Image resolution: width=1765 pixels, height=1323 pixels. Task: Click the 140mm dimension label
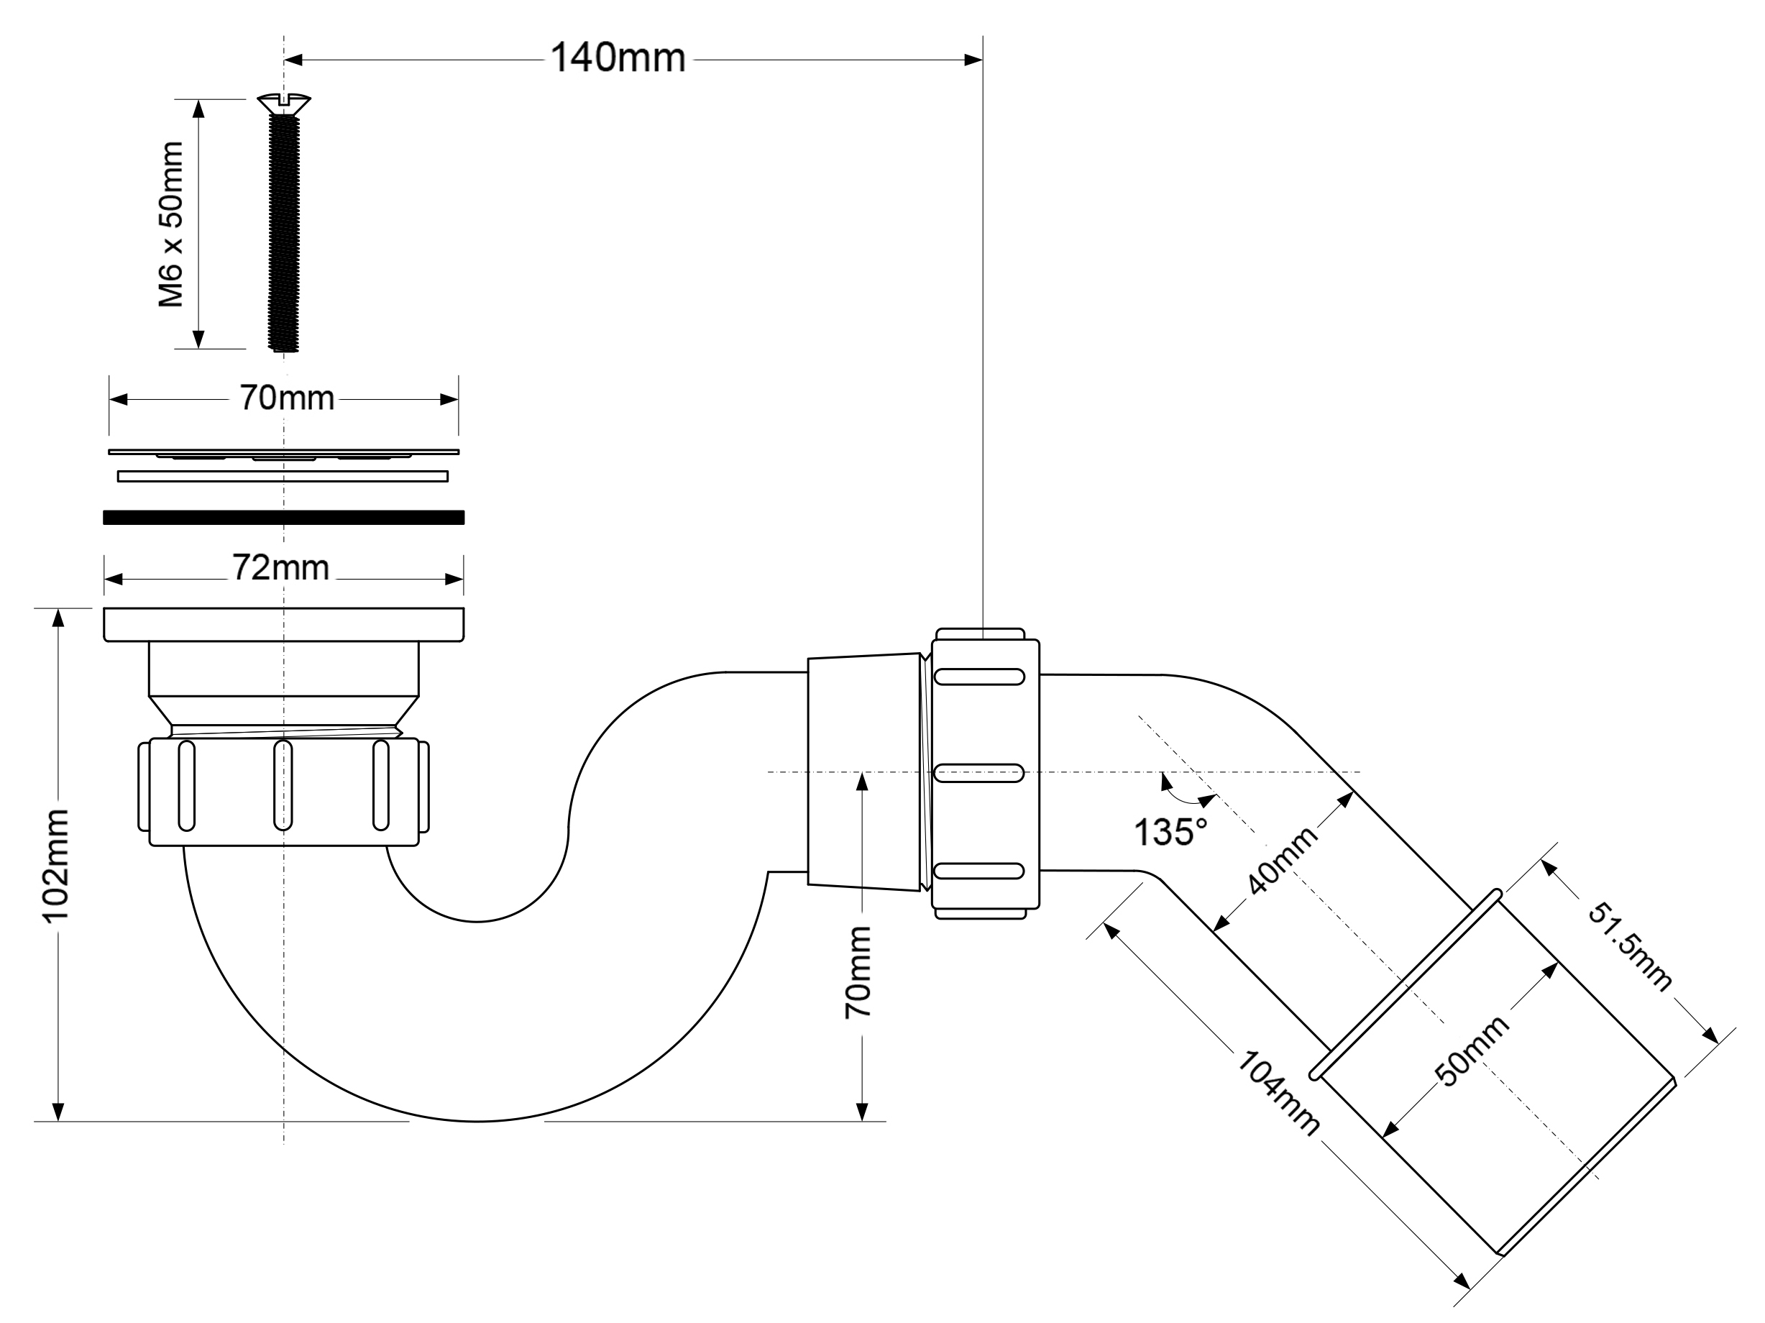[x=618, y=58]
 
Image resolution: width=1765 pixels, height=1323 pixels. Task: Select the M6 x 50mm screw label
[x=172, y=224]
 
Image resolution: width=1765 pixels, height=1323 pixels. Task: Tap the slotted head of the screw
[x=283, y=103]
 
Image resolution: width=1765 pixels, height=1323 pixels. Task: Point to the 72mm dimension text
[x=281, y=568]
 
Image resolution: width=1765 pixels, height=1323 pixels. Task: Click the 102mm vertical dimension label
[x=57, y=865]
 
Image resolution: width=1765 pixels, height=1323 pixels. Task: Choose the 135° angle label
[x=1170, y=832]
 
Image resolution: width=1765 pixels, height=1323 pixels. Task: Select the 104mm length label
[x=1278, y=1093]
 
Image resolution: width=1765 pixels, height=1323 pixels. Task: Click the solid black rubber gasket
[x=283, y=517]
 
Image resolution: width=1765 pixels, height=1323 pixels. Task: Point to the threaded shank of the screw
[x=283, y=232]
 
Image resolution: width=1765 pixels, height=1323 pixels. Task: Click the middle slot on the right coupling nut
[x=978, y=773]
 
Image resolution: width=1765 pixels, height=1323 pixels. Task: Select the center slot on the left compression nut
[x=283, y=785]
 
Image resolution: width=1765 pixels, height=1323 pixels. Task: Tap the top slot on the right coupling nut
[x=978, y=677]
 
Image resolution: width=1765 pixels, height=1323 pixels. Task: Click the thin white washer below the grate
[x=283, y=477]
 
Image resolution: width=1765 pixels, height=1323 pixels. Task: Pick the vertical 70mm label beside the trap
[x=858, y=971]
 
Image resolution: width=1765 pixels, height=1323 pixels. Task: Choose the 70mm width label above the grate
[x=286, y=398]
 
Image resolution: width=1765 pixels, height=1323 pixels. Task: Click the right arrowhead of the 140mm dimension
[x=973, y=60]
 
